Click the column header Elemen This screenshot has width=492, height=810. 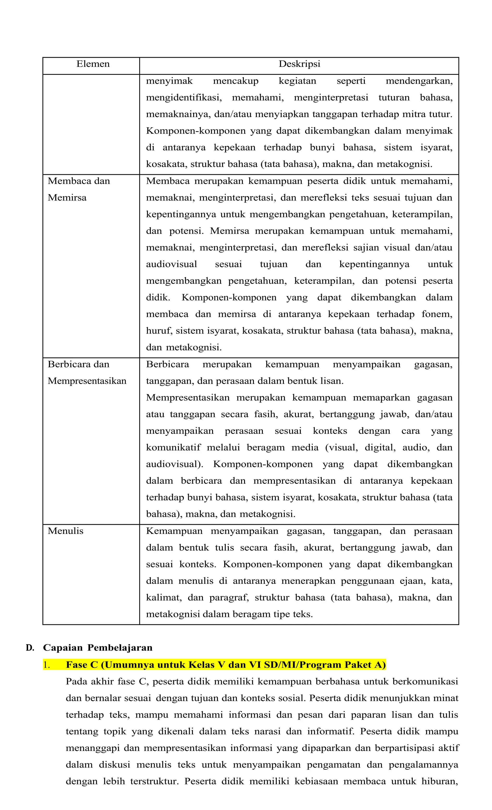point(93,64)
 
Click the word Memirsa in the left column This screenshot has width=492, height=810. point(67,198)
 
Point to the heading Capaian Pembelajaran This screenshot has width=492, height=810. point(98,648)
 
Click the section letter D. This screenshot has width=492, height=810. point(30,648)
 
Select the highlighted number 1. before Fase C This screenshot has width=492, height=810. point(46,665)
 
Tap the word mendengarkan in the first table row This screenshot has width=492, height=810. point(419,81)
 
